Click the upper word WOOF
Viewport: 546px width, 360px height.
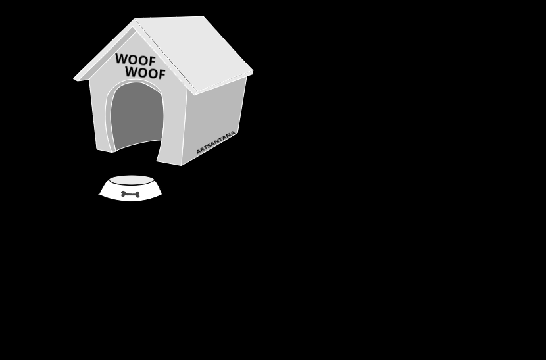tap(136, 60)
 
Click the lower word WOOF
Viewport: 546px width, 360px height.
tap(145, 72)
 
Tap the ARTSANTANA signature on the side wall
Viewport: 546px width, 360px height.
tap(216, 142)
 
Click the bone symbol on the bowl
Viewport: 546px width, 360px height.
tap(130, 194)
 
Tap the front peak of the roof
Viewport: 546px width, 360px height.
tap(136, 20)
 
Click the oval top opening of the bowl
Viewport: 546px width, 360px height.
tap(132, 180)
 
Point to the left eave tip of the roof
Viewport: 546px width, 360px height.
tap(76, 79)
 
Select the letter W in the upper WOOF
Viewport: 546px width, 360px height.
tap(120, 59)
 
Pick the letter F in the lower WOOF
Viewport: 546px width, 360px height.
tap(161, 74)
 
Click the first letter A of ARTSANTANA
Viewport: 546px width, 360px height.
tap(198, 153)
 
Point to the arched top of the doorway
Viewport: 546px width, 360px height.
tap(135, 84)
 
